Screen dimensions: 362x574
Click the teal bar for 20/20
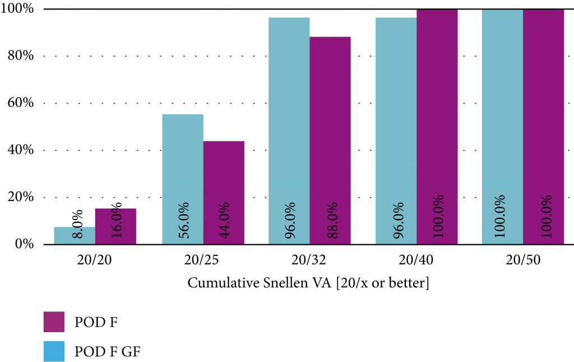pos(75,236)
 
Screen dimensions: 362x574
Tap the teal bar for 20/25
pos(183,179)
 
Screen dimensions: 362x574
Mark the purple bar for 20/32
pos(330,140)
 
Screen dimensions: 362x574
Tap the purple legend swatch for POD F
pos(54,322)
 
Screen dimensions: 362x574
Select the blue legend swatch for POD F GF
pos(54,351)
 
